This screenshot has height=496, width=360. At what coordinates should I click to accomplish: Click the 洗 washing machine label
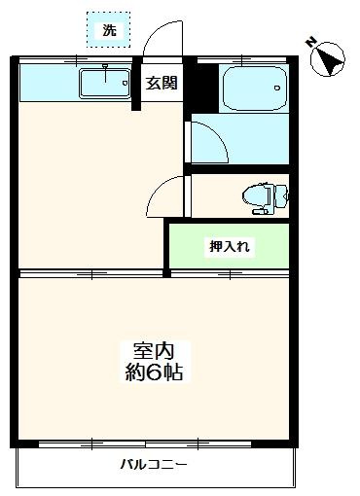coord(109,30)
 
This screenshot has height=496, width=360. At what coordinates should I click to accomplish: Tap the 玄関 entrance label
coord(162,83)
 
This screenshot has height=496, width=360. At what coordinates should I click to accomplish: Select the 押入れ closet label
coord(230,246)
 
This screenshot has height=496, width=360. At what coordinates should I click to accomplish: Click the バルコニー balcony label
coord(154,464)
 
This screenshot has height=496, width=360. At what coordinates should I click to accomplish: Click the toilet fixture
coord(261,195)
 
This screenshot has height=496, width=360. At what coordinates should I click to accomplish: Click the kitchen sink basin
coord(106,83)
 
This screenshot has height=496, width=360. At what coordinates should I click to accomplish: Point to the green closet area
coord(229,247)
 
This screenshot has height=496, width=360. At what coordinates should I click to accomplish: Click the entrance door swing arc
coord(161,41)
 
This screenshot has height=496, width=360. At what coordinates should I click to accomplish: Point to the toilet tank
coord(282,195)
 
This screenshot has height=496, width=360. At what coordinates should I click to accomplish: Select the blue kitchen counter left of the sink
coord(49,83)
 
